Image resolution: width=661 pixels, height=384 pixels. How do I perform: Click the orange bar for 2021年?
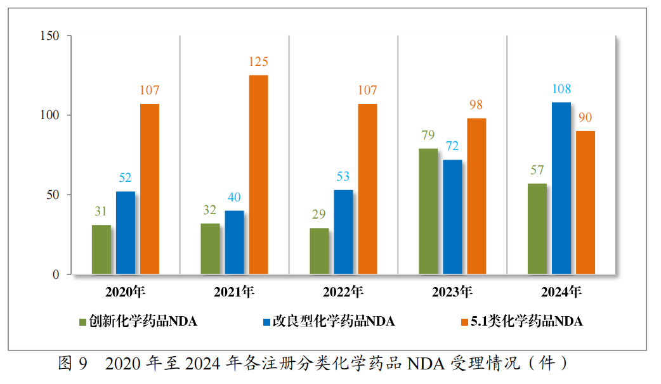point(258,175)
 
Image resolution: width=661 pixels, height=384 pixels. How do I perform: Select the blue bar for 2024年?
point(561,189)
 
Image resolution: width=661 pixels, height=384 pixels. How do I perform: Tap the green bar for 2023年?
point(428,212)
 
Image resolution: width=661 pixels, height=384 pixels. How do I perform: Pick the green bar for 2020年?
point(101,250)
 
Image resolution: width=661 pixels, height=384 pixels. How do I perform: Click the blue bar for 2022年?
point(343,232)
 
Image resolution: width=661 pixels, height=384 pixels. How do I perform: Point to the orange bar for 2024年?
point(586,203)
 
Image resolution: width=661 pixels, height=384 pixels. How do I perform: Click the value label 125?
point(258,62)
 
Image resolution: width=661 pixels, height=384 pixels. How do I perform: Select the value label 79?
point(428,136)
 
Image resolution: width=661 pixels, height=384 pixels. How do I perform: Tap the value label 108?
point(561,89)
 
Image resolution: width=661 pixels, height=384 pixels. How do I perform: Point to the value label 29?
point(319,215)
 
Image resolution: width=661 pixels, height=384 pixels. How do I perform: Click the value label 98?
point(476,105)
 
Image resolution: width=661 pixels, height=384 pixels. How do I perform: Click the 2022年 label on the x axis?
point(343,293)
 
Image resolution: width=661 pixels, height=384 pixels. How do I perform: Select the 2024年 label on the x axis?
point(561,293)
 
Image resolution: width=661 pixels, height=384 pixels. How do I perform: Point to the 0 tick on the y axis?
point(56,275)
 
